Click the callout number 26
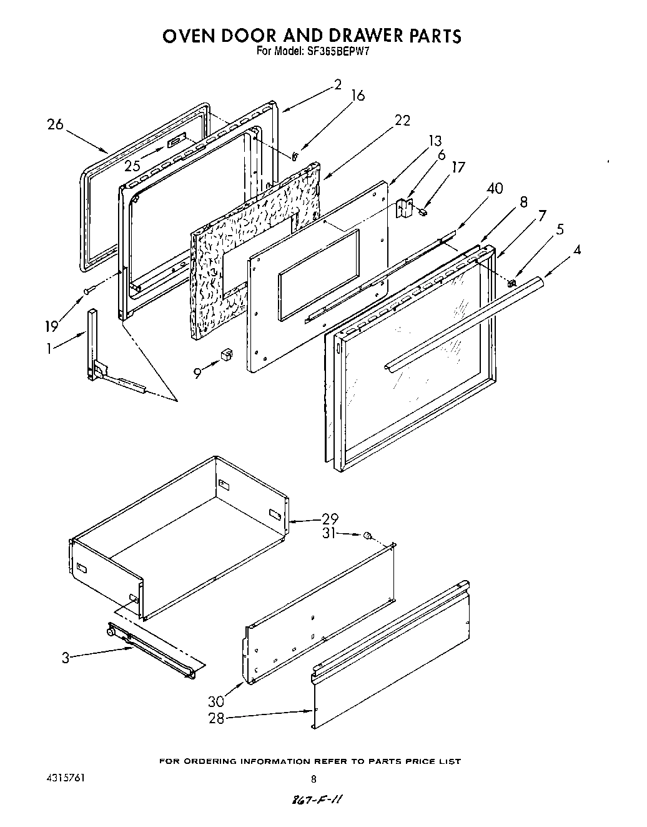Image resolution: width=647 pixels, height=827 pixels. (56, 124)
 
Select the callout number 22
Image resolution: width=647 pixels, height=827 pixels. (403, 121)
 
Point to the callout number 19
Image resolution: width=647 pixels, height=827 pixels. (52, 326)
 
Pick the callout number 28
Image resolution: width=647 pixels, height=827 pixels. (216, 718)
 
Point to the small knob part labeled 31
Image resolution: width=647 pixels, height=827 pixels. (368, 535)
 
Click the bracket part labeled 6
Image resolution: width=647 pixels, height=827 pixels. (405, 208)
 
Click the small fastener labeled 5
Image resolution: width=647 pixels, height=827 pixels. (511, 283)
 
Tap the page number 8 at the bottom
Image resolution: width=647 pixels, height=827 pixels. (314, 779)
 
